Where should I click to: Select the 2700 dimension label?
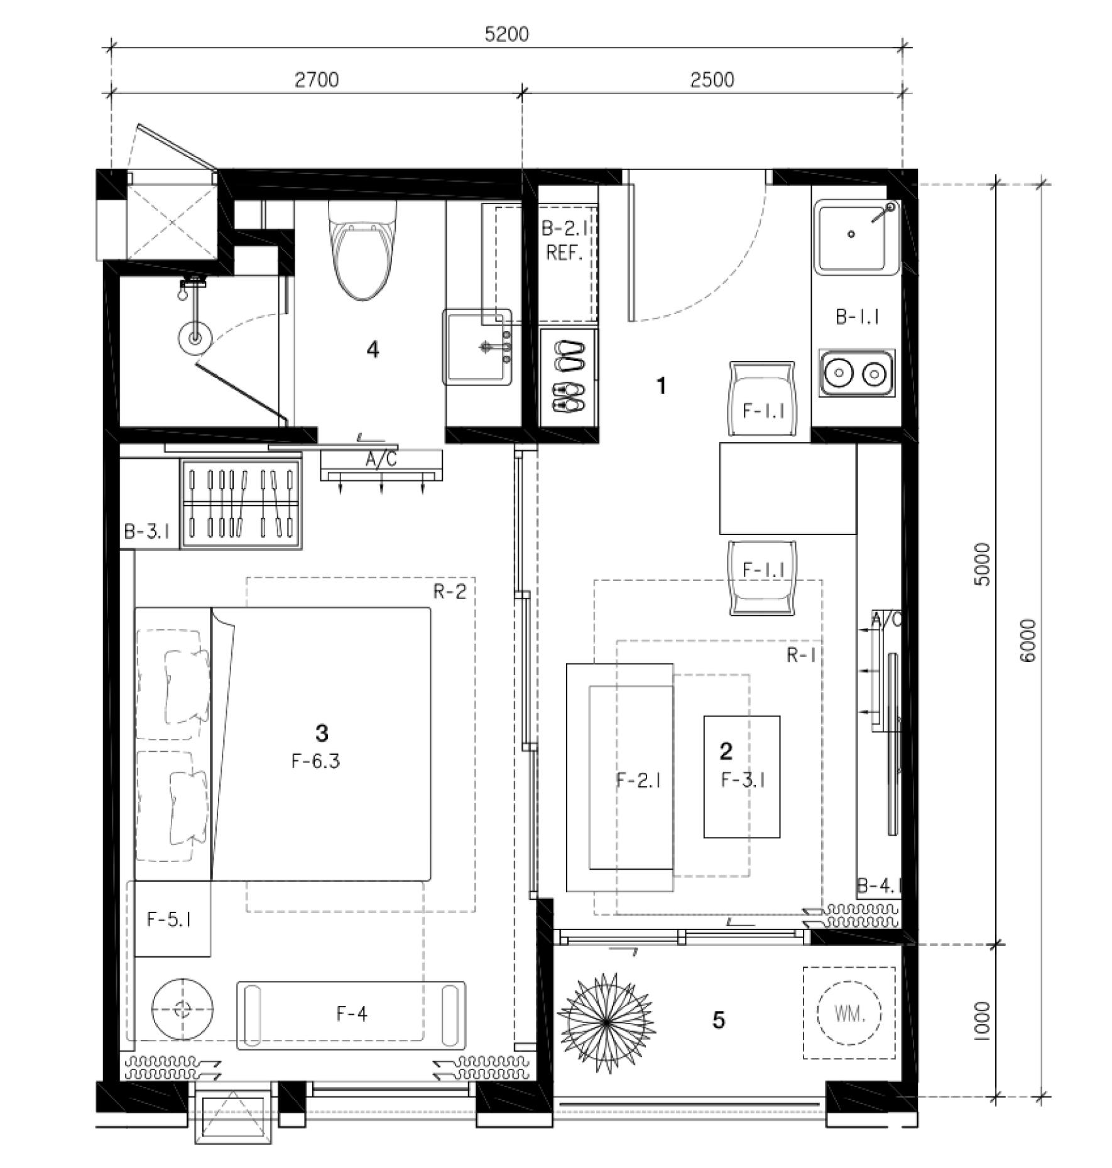coord(317,80)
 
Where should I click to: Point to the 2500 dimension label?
coord(712,80)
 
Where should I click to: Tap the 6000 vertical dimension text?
coord(1028,640)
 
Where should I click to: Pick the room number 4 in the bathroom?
coord(373,350)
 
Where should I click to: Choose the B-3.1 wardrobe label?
coord(147,532)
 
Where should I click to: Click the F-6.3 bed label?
coord(315,761)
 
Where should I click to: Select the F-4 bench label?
coord(352,1013)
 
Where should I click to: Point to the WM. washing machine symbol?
coord(849,1014)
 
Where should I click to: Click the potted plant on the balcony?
coord(606,1024)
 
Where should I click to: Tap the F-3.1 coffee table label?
coord(743,780)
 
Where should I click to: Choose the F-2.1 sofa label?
coord(638,780)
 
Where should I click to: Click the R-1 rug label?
coord(802,655)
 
